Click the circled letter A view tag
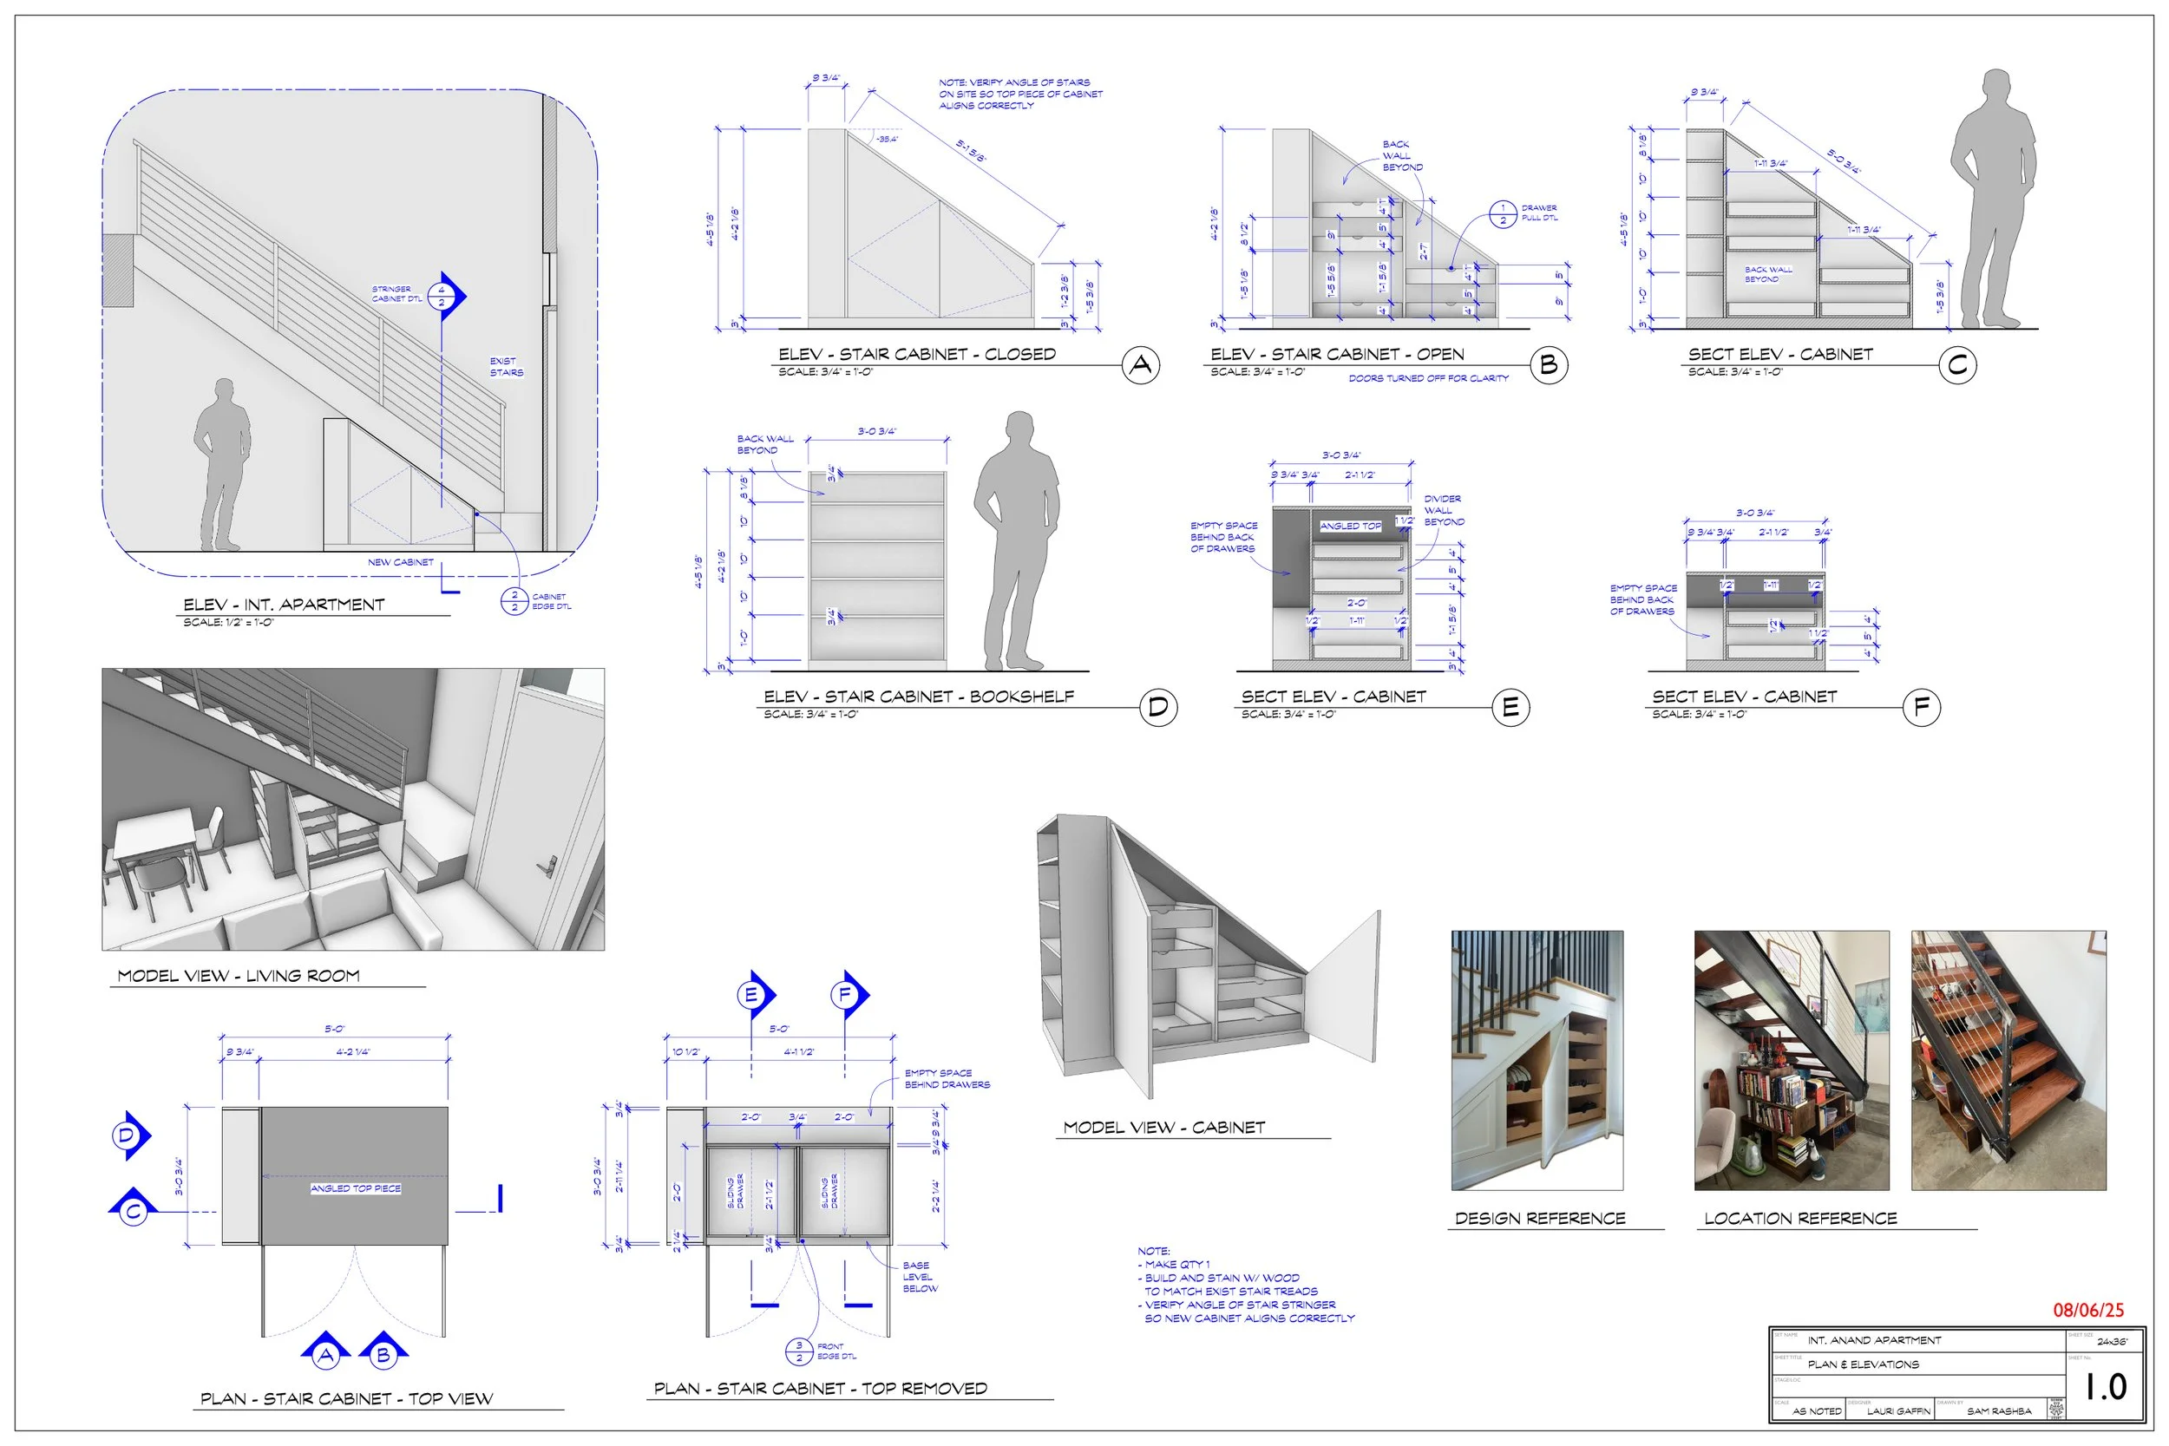[x=1141, y=365]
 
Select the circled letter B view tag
[x=1550, y=365]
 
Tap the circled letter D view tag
[x=1158, y=707]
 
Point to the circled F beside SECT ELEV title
[x=1922, y=707]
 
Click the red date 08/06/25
[x=2087, y=1310]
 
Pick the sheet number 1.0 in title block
[x=2106, y=1386]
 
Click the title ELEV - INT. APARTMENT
[x=283, y=605]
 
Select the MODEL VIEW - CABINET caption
[x=1163, y=1127]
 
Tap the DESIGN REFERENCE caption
[x=1540, y=1218]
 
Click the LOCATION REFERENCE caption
[x=1800, y=1218]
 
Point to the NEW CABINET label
[x=400, y=561]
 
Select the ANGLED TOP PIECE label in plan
[x=356, y=1188]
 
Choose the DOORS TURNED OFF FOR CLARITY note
[x=1428, y=378]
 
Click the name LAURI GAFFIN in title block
[x=1898, y=1411]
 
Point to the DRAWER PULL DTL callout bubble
[x=1504, y=214]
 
